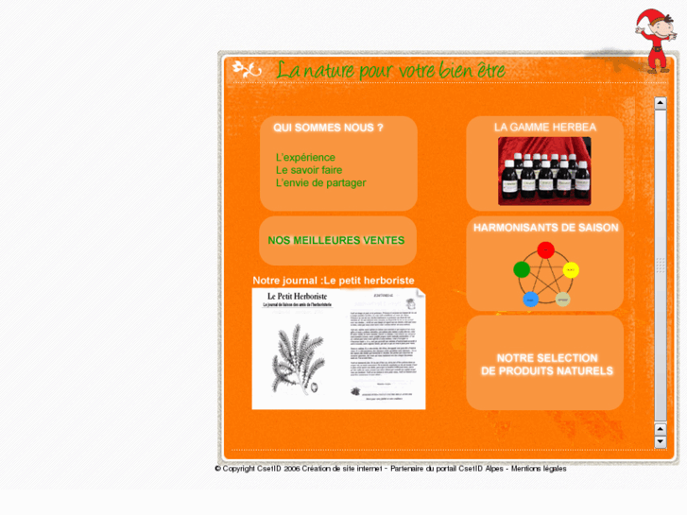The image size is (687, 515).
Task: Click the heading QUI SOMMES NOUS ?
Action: pos(328,128)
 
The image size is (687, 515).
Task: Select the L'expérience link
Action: pos(305,158)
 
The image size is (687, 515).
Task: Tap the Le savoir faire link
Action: pos(309,170)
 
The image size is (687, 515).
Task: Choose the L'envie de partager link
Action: pos(320,183)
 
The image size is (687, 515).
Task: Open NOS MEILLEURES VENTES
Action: pos(335,241)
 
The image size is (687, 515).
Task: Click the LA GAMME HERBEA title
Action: pos(545,128)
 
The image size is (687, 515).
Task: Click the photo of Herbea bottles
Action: pos(544,171)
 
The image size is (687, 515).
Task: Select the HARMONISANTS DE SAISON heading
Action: pos(545,228)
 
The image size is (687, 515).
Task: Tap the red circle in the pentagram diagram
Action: pos(545,250)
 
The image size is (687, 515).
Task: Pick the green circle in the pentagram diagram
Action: pos(522,270)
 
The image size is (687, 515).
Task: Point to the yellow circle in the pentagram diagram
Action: pos(570,270)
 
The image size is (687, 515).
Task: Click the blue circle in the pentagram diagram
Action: pos(531,300)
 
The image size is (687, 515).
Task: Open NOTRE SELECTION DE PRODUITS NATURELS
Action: pos(546,365)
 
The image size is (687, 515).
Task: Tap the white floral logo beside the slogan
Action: pos(247,69)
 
